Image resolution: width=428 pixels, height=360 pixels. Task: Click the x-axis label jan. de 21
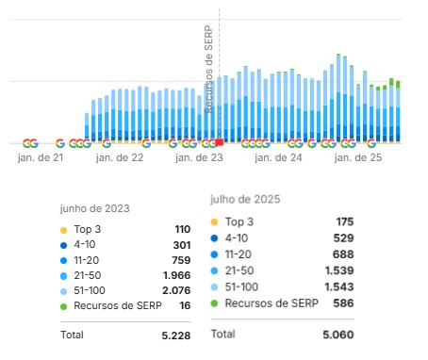(x=41, y=157)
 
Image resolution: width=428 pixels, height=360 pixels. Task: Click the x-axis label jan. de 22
(x=121, y=157)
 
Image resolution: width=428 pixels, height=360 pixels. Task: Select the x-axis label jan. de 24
(x=280, y=157)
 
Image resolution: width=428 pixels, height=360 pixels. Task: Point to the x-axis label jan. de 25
(x=359, y=157)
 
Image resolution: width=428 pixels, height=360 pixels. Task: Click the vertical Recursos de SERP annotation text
(x=209, y=71)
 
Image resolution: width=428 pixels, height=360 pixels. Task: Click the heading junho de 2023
(x=94, y=208)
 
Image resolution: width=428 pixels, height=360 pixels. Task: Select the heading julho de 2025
(x=244, y=200)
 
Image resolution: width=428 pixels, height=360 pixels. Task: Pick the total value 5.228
(x=175, y=335)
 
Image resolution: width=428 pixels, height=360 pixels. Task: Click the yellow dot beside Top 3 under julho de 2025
(x=214, y=222)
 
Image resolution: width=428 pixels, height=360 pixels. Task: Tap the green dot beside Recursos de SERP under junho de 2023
(x=64, y=305)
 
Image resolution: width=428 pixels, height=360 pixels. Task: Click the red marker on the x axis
(x=219, y=143)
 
